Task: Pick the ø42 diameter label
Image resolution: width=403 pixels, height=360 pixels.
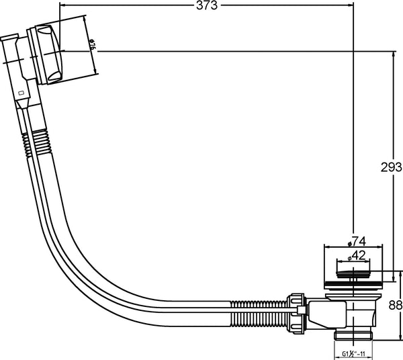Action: pos(357,256)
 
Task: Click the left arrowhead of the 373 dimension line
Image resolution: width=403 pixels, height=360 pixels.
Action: pos(62,5)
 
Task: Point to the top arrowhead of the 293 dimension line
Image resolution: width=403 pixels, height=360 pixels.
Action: pos(394,52)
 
